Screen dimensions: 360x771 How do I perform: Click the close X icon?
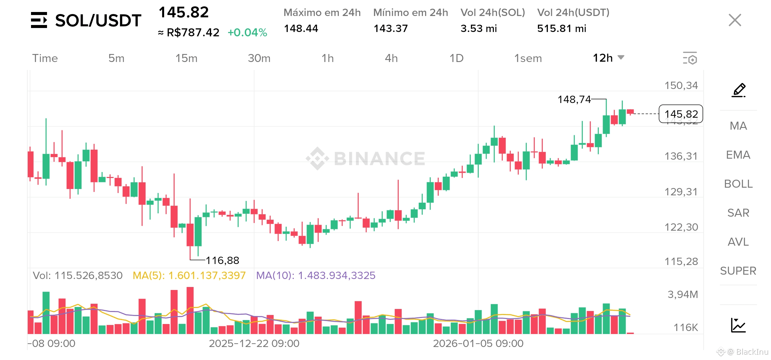pyautogui.click(x=735, y=20)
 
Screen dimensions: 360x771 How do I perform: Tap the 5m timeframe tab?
pyautogui.click(x=116, y=58)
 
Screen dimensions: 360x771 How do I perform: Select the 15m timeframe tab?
pyautogui.click(x=186, y=58)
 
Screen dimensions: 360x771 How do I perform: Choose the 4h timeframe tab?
pyautogui.click(x=391, y=58)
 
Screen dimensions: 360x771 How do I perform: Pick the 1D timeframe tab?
pyautogui.click(x=457, y=58)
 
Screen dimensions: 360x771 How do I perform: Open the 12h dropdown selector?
pyautogui.click(x=608, y=58)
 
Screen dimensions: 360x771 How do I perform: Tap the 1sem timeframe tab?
pyautogui.click(x=528, y=58)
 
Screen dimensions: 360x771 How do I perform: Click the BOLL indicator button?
pyautogui.click(x=738, y=184)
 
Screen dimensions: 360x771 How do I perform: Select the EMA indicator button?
pyautogui.click(x=738, y=155)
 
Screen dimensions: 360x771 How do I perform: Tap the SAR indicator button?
pyautogui.click(x=738, y=213)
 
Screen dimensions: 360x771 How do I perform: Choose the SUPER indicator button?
pyautogui.click(x=738, y=271)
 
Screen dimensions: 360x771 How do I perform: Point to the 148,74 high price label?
pyautogui.click(x=574, y=99)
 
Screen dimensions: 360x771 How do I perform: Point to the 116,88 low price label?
pyautogui.click(x=222, y=260)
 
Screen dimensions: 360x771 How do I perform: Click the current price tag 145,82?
pyautogui.click(x=681, y=114)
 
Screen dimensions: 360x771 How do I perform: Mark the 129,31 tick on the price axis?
pyautogui.click(x=681, y=192)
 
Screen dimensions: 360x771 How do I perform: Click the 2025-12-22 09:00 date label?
pyautogui.click(x=254, y=343)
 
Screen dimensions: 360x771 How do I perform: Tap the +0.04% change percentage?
pyautogui.click(x=247, y=32)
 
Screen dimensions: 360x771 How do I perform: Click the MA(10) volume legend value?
pyautogui.click(x=315, y=275)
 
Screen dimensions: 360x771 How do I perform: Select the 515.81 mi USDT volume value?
pyautogui.click(x=562, y=28)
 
